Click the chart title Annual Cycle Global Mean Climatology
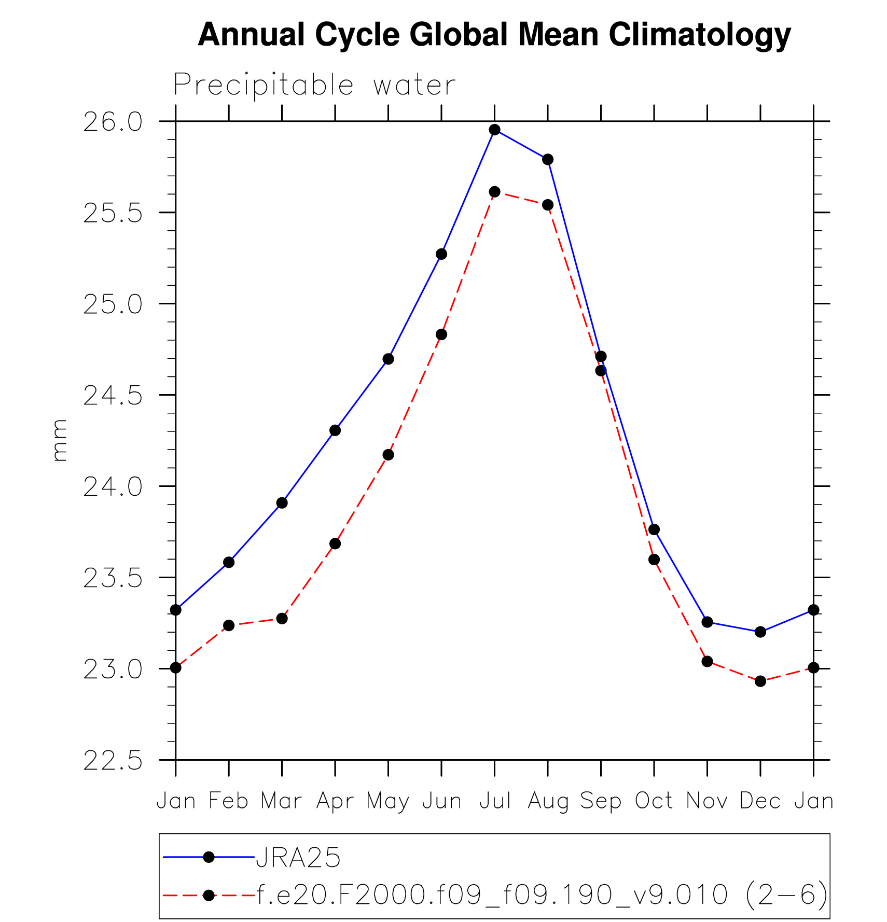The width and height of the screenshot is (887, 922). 494,35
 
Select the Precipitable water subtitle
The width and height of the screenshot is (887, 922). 314,85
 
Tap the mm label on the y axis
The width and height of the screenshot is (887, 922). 60,440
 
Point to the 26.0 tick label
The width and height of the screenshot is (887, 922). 113,123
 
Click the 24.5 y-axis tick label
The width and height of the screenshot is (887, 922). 113,397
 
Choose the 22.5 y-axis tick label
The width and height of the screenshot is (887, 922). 113,762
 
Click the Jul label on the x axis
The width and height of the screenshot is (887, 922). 495,801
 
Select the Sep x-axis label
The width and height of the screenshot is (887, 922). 601,802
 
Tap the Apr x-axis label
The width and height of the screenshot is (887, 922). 335,802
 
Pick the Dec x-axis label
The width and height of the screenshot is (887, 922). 760,801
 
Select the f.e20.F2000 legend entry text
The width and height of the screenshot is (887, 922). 542,895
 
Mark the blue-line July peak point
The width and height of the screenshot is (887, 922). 495,130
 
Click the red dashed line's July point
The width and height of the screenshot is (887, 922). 495,192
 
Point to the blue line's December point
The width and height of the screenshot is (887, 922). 760,632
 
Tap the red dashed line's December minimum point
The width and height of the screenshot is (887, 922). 760,681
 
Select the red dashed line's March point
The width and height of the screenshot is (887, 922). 282,618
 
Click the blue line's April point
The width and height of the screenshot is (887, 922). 335,430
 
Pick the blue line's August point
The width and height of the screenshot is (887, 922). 548,159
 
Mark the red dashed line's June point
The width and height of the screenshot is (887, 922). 441,334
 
